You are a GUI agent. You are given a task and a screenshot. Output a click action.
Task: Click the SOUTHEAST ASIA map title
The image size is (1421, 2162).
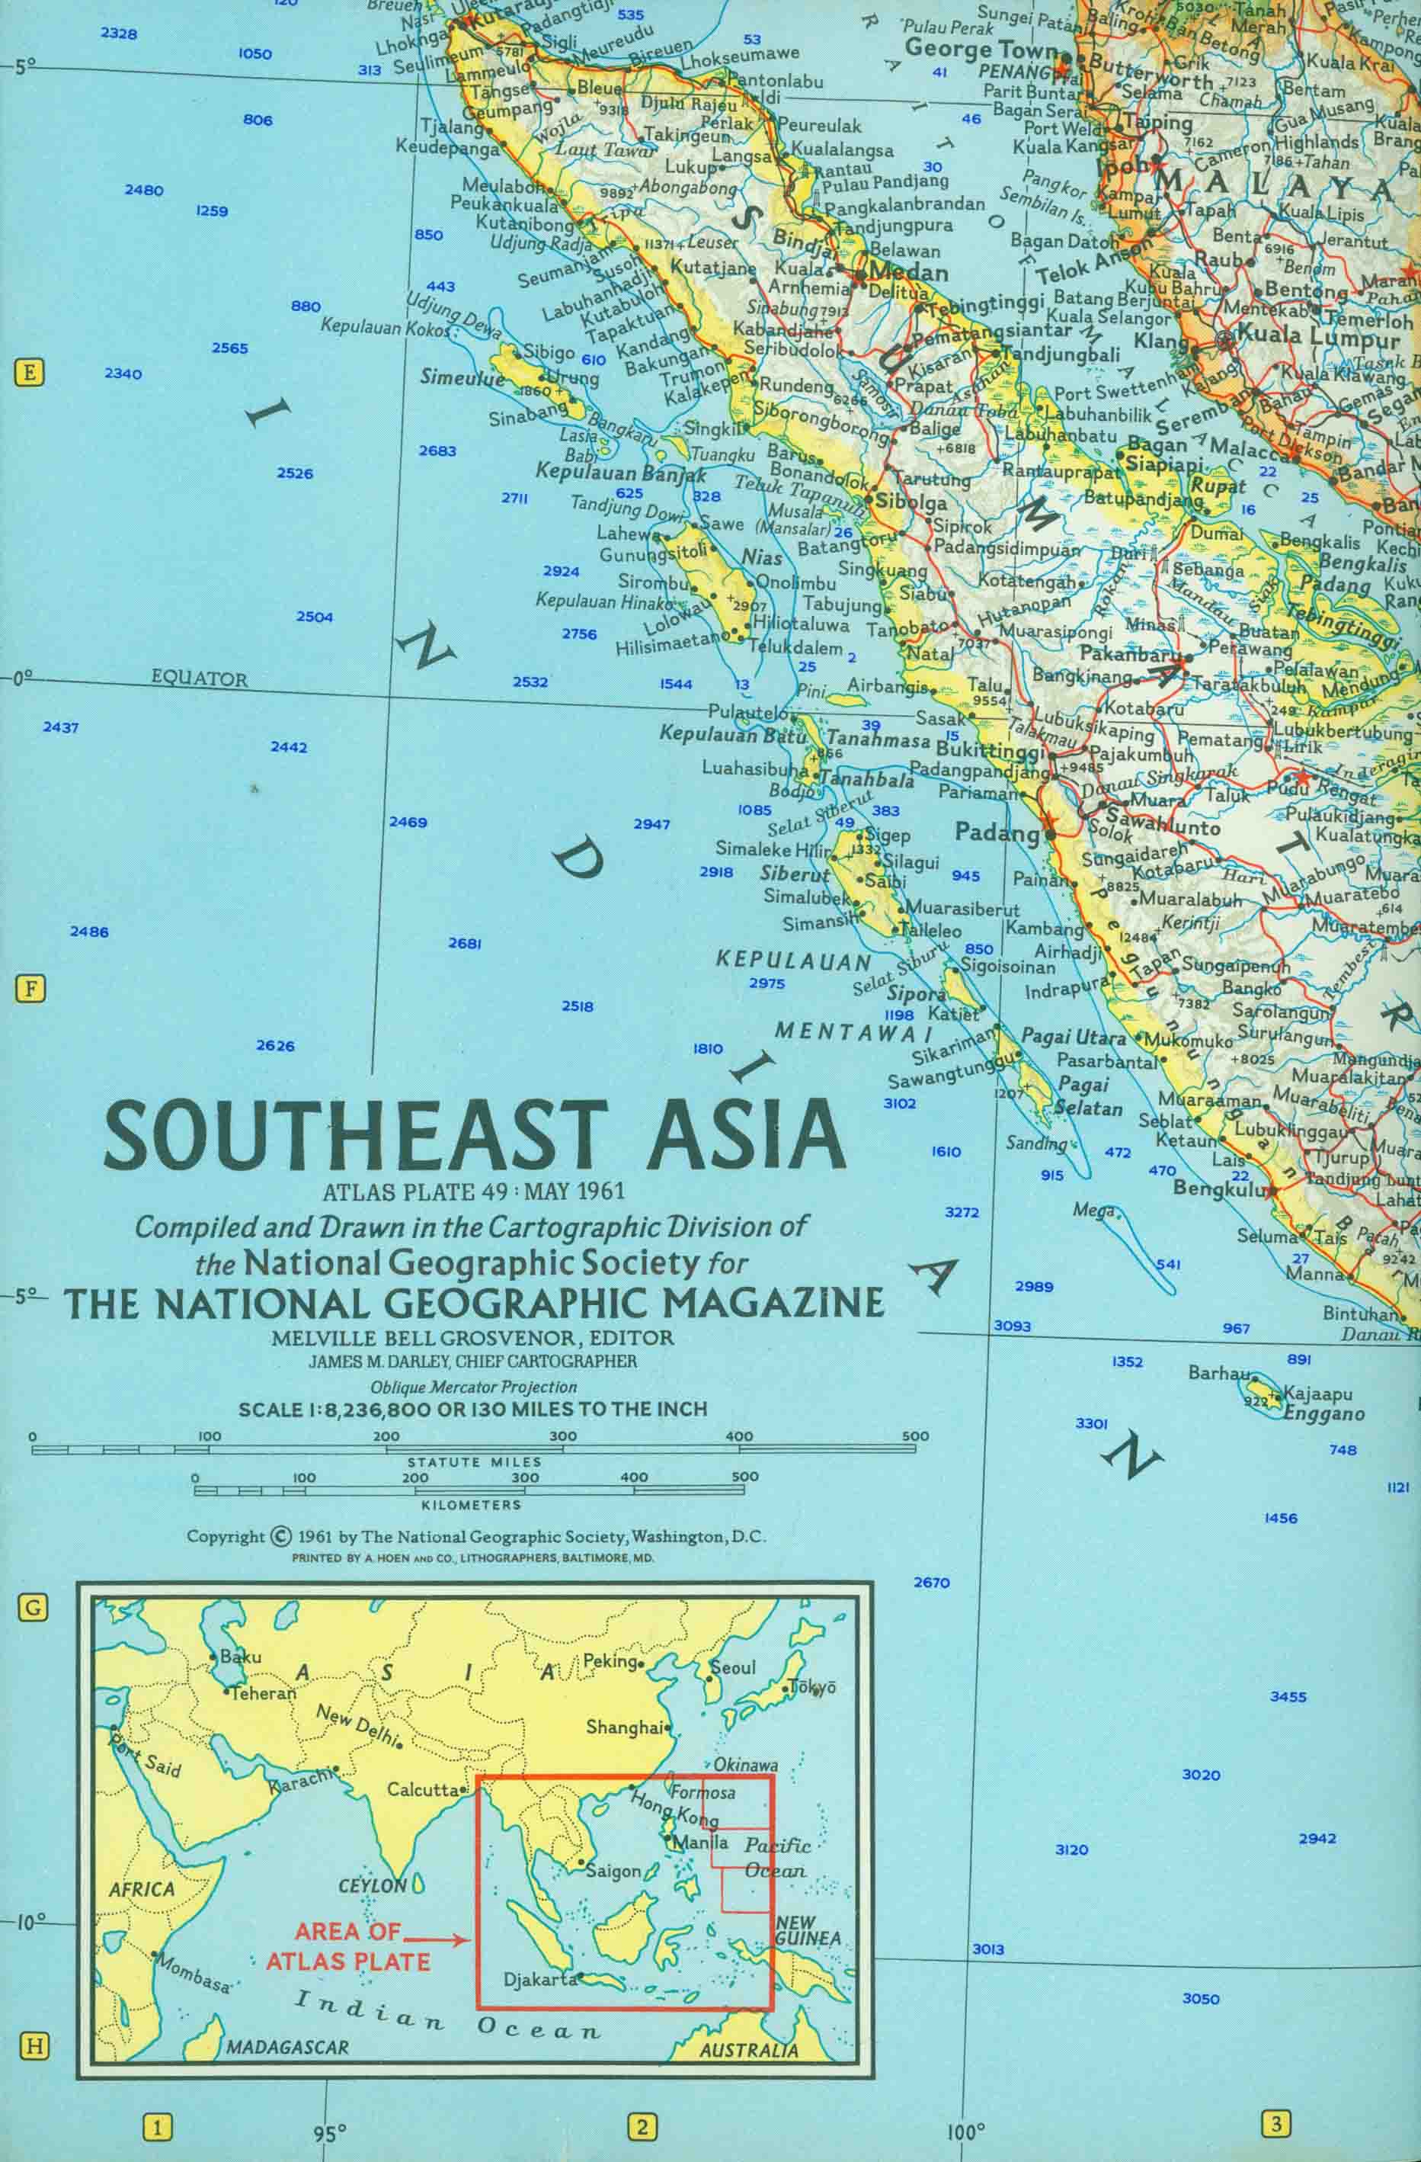[475, 1135]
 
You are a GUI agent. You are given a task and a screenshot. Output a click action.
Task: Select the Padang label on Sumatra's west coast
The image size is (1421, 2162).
[996, 832]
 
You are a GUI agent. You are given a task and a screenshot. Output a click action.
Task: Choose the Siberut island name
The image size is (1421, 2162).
[795, 874]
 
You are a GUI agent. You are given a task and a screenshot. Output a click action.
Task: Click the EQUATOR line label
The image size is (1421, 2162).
[199, 678]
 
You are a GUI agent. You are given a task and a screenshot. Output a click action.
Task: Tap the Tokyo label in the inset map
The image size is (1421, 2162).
[811, 1687]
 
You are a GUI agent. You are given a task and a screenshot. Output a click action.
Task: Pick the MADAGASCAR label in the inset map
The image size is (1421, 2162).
[287, 2047]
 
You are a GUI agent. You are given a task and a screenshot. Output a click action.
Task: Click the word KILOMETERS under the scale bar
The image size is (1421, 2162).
[470, 1505]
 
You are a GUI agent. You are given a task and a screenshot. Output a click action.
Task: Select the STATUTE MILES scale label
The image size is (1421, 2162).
[474, 1461]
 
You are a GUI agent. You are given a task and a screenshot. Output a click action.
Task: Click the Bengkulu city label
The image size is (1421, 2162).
[1218, 1188]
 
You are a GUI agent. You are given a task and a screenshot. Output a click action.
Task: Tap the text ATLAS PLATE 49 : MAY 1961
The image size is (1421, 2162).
[474, 1191]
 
